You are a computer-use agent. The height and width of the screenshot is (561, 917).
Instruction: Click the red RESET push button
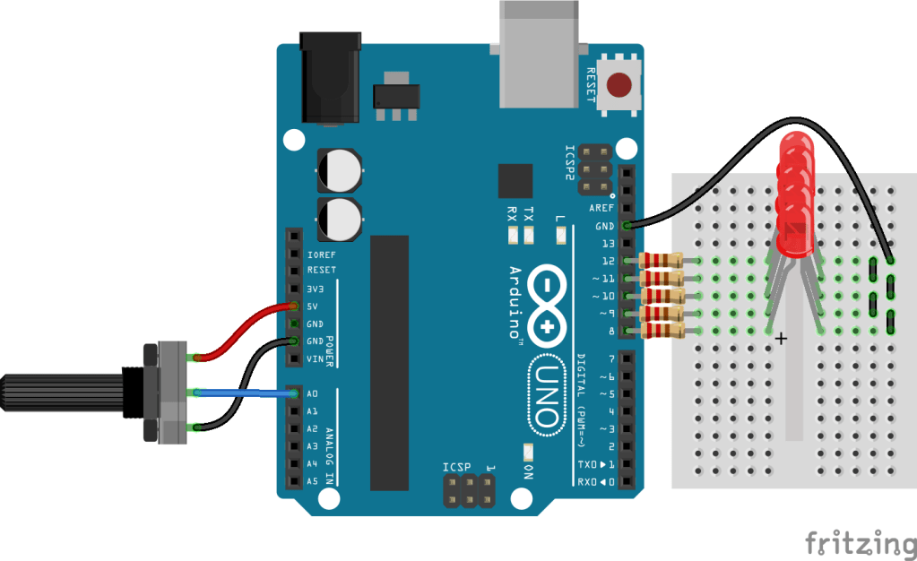(x=619, y=86)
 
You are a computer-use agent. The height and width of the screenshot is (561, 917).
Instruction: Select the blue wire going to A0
(x=242, y=393)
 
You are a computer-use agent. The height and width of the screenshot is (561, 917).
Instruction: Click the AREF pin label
(x=602, y=208)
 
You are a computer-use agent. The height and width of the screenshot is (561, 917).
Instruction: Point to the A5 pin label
(x=313, y=481)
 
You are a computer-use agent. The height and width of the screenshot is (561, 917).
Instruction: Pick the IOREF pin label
(x=321, y=255)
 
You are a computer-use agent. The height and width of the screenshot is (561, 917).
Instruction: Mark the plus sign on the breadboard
(x=781, y=339)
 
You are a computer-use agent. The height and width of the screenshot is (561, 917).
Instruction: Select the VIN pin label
(x=316, y=358)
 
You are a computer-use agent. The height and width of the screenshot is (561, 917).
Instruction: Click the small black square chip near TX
(x=515, y=180)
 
